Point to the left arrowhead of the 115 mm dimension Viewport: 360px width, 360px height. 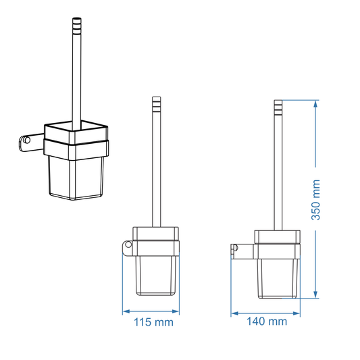point(125,312)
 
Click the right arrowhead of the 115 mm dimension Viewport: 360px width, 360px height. point(177,312)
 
